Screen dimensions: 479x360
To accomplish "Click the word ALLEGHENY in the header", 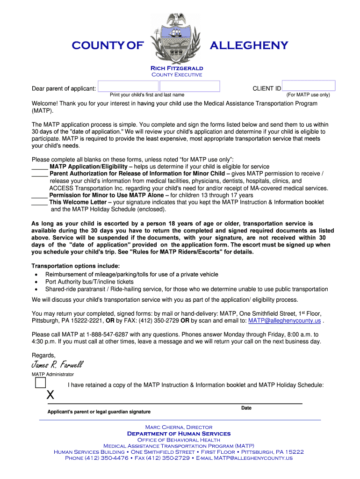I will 249,45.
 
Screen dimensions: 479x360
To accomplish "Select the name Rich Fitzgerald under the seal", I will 176,68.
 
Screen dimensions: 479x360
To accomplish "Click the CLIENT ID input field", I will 309,86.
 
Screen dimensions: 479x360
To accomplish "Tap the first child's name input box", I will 128,86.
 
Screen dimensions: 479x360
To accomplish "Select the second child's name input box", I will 189,86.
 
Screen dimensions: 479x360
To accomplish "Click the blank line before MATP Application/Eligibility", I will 39,167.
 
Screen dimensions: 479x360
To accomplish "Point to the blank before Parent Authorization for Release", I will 39,174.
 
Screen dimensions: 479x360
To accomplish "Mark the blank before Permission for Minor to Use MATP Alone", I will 39,196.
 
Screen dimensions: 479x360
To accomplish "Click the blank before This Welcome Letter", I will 39,203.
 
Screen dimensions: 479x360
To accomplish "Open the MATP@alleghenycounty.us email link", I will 284,321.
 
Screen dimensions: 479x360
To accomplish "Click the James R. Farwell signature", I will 58,365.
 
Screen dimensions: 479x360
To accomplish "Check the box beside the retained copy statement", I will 40,383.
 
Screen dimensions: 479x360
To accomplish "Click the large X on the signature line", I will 50,395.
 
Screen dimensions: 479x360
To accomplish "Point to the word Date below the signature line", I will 246,408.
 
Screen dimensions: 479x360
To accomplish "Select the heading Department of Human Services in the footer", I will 179,434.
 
